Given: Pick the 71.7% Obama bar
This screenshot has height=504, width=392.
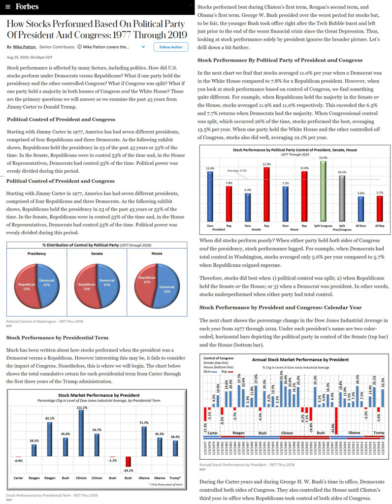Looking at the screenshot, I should coord(143,440).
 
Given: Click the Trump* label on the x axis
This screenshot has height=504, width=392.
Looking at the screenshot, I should coord(174,478).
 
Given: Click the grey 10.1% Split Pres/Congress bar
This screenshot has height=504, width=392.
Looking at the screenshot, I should coord(341,199).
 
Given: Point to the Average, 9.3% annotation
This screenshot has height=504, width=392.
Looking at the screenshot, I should coord(237,170).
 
